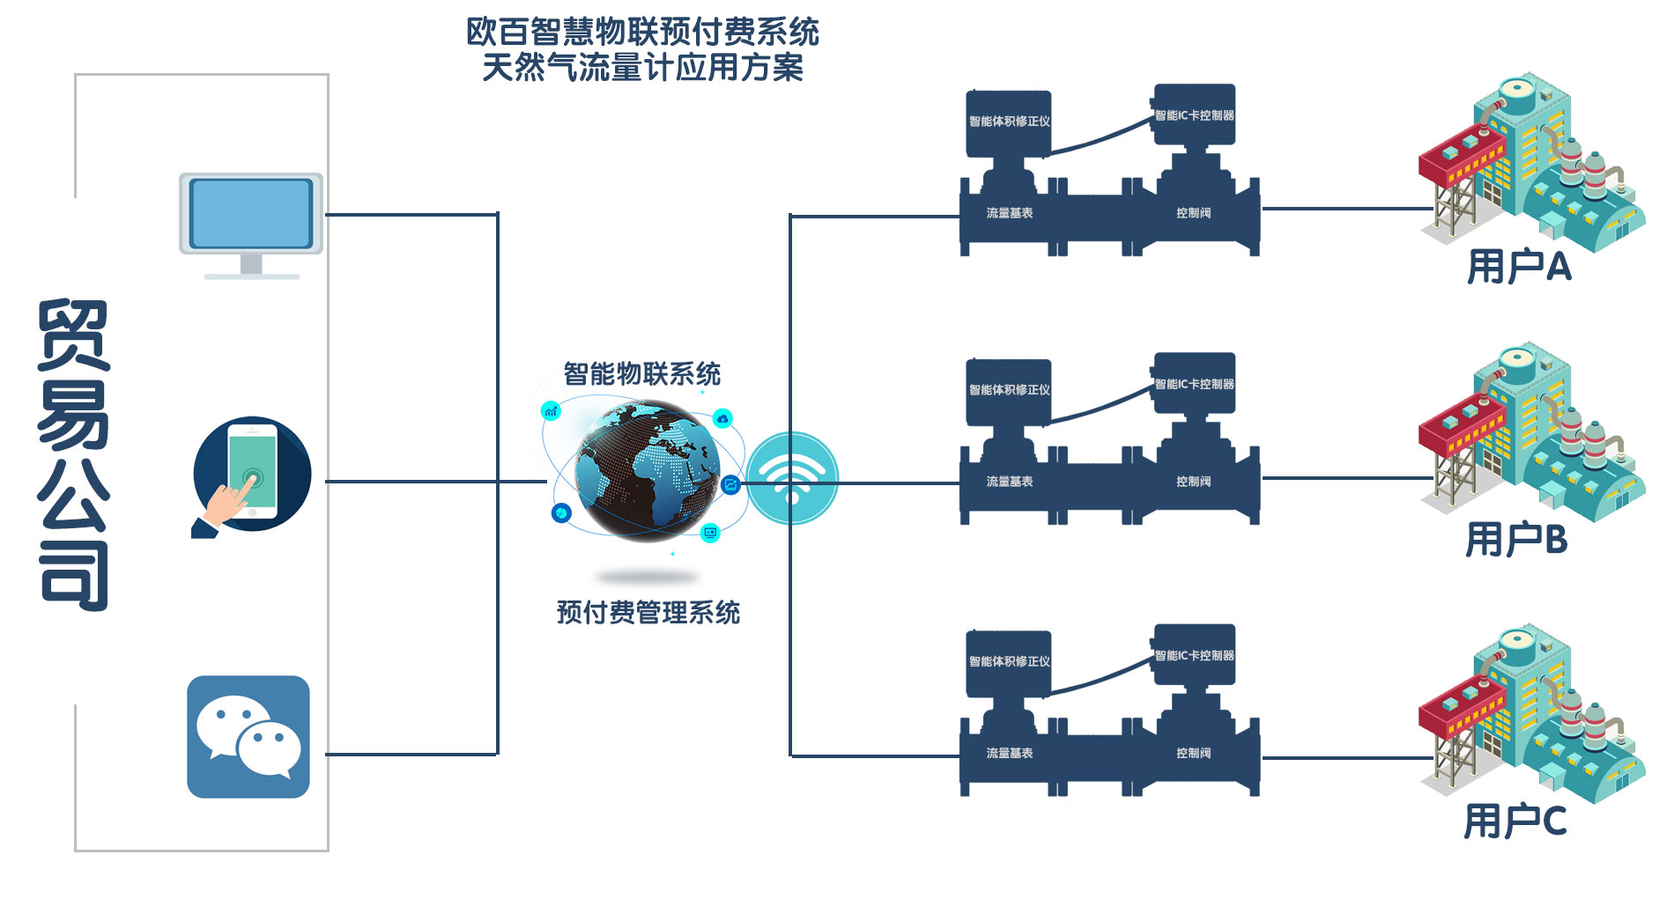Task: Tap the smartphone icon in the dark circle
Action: click(252, 475)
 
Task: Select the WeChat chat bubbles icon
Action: click(248, 737)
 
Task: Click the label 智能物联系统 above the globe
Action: click(642, 374)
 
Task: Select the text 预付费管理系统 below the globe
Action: click(648, 612)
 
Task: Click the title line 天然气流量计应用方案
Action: click(642, 68)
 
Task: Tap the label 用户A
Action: click(1519, 266)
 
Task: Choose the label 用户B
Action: click(1516, 539)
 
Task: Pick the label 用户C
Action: click(1515, 821)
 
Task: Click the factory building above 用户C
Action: click(1531, 713)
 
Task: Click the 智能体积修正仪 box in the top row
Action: click(1009, 122)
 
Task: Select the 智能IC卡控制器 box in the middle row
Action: click(1194, 384)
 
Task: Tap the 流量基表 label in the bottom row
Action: click(1009, 753)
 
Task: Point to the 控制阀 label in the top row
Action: click(1193, 213)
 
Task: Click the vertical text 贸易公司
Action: click(74, 454)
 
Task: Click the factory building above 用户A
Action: click(1531, 163)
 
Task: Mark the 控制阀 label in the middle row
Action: click(1193, 482)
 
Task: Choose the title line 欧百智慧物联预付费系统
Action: click(642, 33)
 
